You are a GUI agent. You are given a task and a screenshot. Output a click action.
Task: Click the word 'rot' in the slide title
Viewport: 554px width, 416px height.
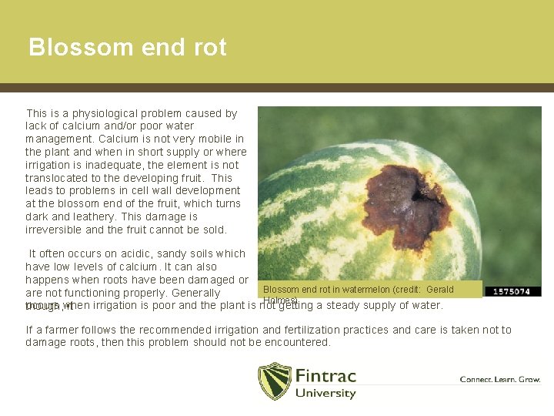[210, 48]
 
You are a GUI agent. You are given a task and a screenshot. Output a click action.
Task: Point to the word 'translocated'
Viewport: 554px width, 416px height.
[55, 178]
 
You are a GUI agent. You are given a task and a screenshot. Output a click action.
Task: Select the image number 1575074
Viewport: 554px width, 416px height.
[512, 291]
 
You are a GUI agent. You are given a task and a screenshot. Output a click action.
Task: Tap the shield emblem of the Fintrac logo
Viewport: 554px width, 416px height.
[274, 381]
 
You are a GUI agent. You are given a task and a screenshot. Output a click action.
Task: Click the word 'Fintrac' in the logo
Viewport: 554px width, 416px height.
[325, 376]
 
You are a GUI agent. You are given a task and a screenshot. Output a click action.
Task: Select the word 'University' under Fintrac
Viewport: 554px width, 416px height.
[325, 393]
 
